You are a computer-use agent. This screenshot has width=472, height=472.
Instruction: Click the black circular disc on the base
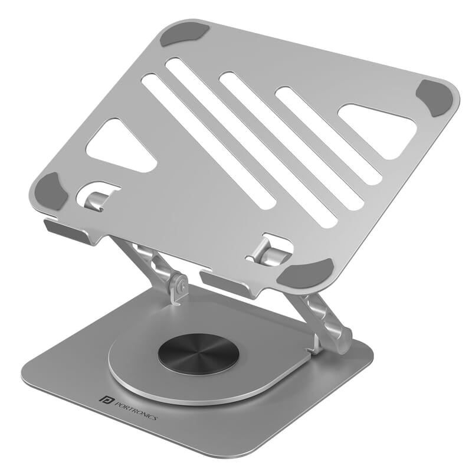[x=198, y=353]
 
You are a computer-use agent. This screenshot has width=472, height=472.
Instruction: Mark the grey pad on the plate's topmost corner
[x=185, y=34]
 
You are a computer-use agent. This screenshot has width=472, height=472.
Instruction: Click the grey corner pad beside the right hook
[x=306, y=272]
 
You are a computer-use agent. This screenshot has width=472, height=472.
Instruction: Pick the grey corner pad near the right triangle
[x=437, y=97]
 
